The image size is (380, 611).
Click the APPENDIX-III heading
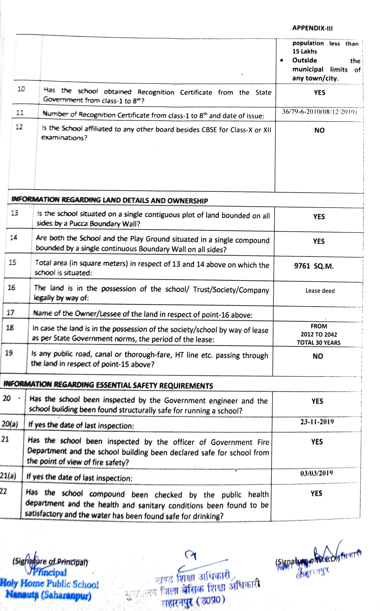312,28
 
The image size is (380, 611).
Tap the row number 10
21,89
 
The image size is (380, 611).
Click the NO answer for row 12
319,130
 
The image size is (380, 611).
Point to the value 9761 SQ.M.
314,266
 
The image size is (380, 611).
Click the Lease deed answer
320,291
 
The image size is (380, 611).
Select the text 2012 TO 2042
319,334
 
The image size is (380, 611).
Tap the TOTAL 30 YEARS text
319,343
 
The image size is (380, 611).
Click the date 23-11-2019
317,422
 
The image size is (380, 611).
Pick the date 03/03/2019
316,473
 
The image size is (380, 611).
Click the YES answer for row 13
319,217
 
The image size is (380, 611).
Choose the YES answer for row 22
316,493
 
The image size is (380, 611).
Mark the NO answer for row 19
318,356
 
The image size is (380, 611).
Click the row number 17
10,313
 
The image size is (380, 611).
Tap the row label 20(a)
10,424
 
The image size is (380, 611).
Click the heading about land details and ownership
110,200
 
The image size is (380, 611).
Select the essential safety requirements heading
108,385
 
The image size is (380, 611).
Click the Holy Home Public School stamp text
50,583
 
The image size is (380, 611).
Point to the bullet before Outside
281,61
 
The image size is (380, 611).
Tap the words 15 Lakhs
304,51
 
